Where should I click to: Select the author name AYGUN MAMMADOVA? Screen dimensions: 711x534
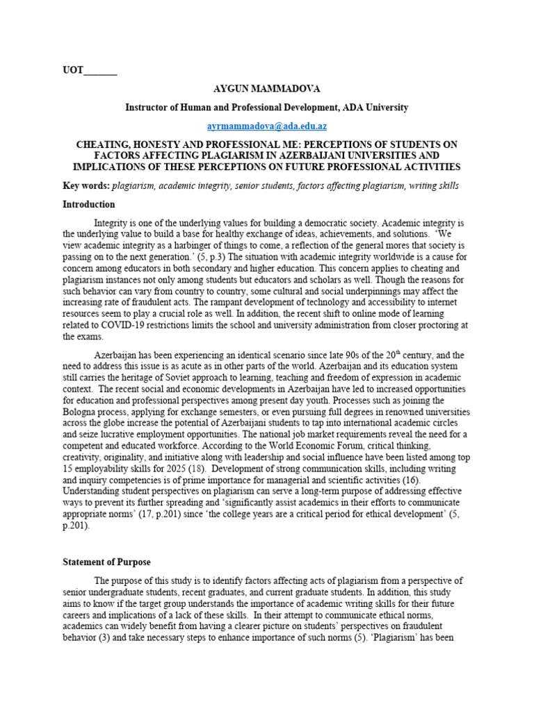click(267, 90)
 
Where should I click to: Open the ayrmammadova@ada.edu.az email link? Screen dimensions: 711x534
click(267, 126)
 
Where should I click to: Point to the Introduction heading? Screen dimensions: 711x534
click(89, 205)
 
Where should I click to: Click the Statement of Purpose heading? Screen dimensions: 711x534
click(106, 562)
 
